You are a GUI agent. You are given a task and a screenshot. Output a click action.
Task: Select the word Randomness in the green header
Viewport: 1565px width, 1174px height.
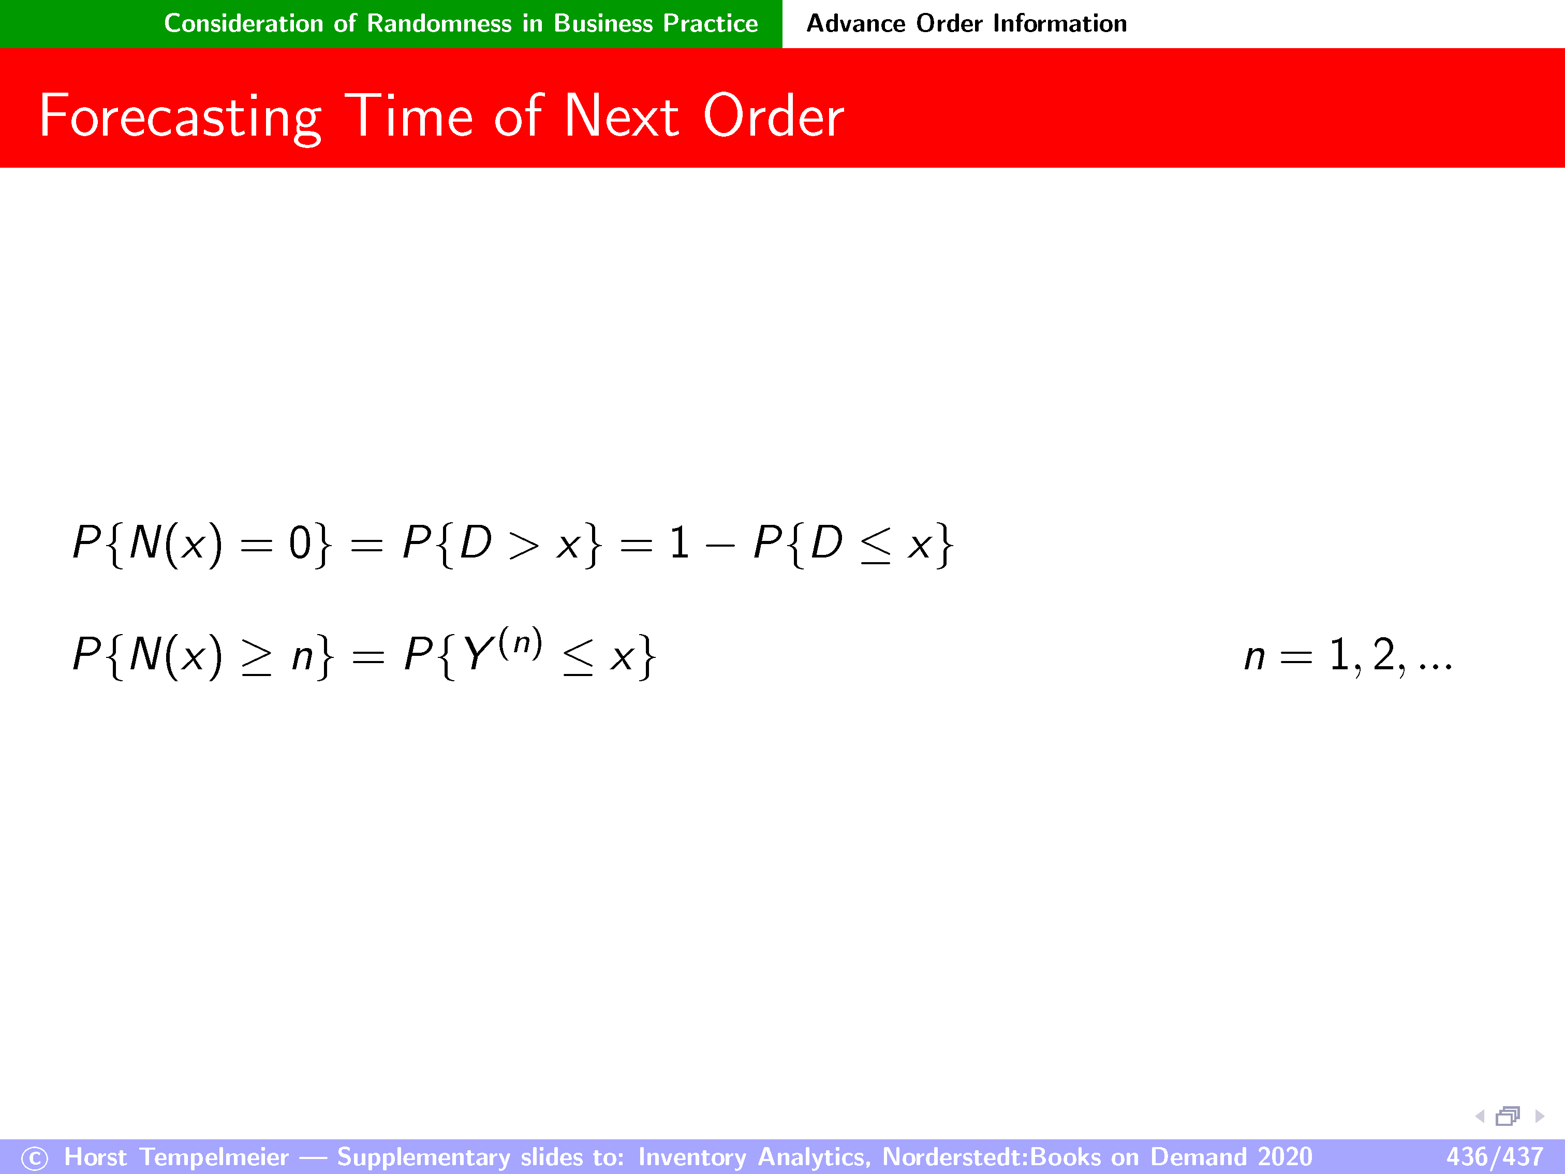439,23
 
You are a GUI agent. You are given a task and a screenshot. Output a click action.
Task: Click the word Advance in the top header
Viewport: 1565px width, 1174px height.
855,23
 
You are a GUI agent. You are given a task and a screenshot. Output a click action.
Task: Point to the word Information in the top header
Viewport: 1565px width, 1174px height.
1059,23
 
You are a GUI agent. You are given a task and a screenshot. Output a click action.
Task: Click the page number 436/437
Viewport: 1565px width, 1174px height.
1494,1156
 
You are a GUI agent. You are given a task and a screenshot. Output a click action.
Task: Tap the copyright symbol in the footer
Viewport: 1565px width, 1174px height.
34,1158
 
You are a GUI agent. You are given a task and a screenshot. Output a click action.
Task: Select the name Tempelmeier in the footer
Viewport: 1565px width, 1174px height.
214,1157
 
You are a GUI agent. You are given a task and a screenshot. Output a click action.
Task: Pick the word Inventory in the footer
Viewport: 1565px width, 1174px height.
691,1157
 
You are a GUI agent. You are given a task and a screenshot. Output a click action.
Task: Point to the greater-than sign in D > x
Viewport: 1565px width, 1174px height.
524,546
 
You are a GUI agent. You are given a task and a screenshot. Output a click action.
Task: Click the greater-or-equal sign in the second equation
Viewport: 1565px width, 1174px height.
256,657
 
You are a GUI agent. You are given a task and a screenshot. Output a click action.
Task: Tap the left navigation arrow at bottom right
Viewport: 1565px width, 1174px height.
1480,1116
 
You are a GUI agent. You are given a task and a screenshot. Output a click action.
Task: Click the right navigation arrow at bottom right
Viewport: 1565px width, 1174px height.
1540,1116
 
